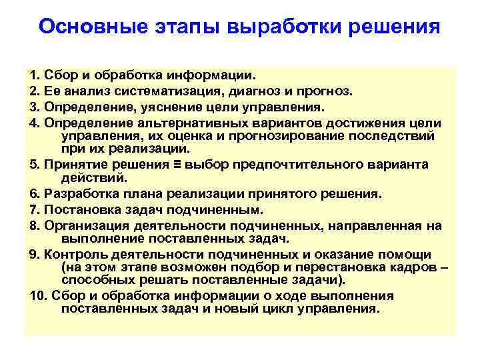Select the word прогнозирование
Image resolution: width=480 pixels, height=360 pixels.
point(279,135)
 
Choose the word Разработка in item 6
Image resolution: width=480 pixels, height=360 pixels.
point(78,194)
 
